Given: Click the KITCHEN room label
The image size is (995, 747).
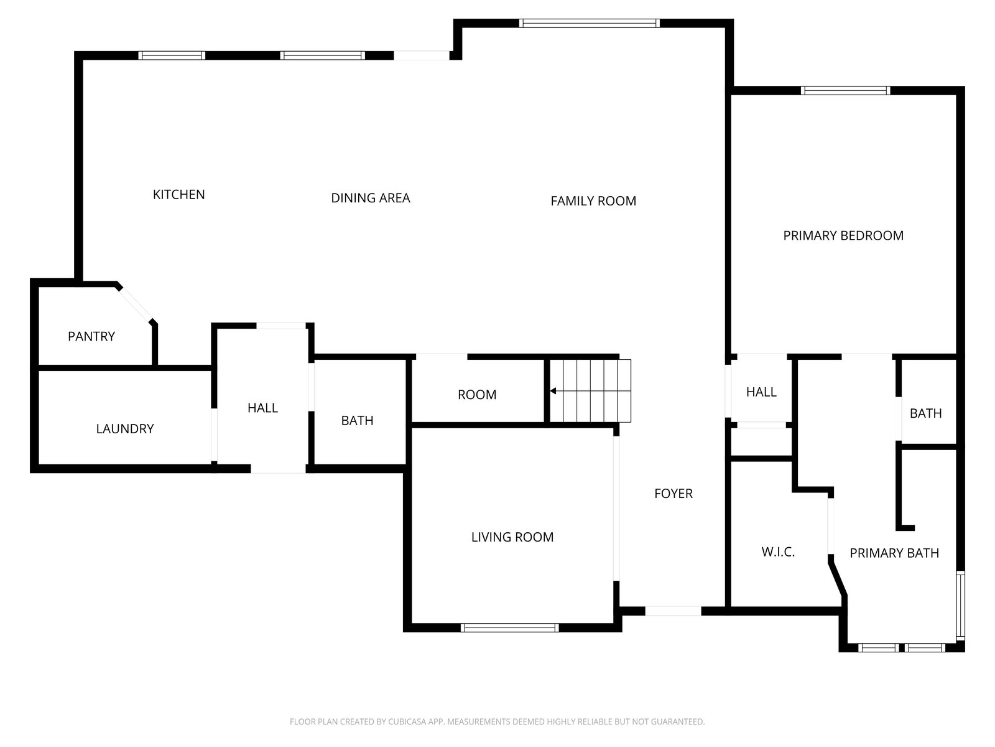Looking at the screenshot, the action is (178, 195).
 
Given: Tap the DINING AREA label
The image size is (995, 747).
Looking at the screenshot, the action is (371, 198).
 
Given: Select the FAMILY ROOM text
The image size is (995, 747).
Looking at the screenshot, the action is (593, 201).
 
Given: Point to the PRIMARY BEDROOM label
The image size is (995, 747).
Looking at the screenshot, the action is (843, 235).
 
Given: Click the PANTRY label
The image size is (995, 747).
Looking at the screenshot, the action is (91, 336).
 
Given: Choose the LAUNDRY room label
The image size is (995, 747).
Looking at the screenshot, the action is (124, 429).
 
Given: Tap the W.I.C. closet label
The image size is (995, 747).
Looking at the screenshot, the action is (778, 552).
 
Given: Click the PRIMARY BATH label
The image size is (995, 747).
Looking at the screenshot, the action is (894, 553).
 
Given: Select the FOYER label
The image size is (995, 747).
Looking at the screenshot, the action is (673, 494).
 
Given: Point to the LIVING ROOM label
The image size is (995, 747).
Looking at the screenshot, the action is (512, 537).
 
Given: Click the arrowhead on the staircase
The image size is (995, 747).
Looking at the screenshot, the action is (553, 390).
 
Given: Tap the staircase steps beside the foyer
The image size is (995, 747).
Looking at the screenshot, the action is (590, 390).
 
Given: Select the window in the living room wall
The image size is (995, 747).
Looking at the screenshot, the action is (509, 627).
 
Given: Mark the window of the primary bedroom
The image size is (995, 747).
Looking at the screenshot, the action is (845, 90).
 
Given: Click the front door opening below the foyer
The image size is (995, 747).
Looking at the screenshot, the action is (673, 611).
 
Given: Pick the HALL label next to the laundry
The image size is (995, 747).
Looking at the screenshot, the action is (262, 408).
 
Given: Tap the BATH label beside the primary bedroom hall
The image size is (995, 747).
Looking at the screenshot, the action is (925, 413).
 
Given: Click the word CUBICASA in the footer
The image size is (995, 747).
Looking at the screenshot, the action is (405, 721).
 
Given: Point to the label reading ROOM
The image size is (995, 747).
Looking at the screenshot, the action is (477, 395).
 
